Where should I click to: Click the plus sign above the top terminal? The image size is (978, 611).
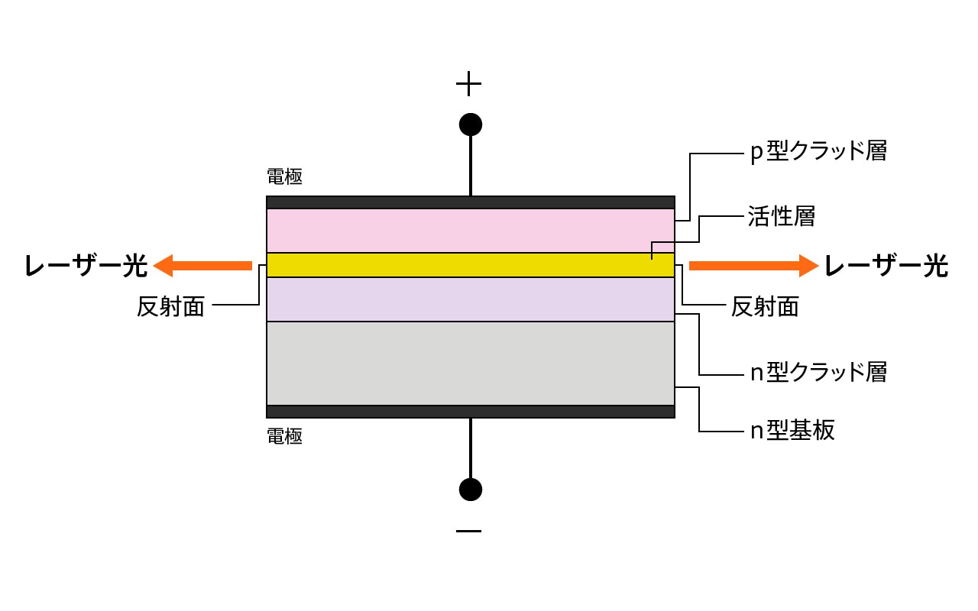pos(468,83)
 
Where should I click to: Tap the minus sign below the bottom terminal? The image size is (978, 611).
pos(468,531)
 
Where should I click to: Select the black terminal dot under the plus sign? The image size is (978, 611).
pos(470,124)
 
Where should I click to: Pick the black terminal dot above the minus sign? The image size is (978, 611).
pos(470,489)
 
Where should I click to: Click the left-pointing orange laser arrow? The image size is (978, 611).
pos(202,266)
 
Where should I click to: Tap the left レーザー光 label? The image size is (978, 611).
pos(85,266)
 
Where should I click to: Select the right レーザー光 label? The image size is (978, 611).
pos(886,266)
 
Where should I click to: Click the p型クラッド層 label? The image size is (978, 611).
pos(818,151)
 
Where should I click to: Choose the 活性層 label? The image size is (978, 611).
pos(781,216)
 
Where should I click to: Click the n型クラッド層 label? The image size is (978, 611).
pos(818,372)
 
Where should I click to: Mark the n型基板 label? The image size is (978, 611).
pos(792,430)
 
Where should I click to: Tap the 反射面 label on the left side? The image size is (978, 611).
pos(170,306)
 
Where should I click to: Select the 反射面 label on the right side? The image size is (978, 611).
pos(765,306)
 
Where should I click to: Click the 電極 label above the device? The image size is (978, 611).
pos(284,177)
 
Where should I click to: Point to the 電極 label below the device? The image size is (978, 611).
pos(284,437)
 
